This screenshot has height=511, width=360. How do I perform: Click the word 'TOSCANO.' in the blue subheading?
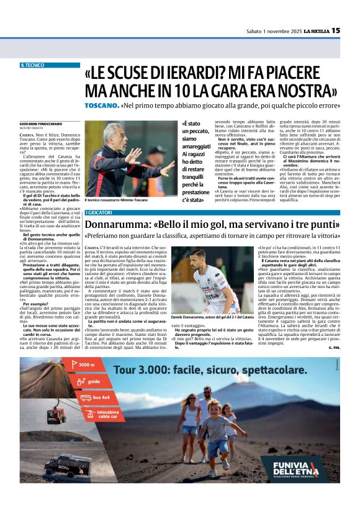tap(101, 106)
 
